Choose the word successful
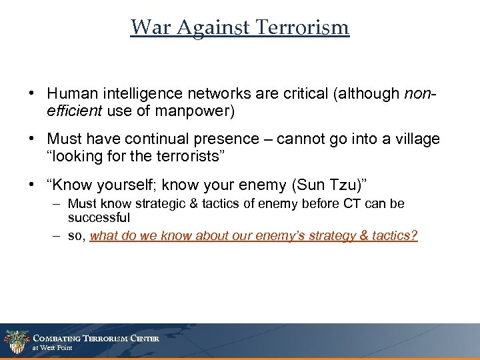pos(99,217)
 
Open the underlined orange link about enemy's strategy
pos(253,236)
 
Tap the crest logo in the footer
pos(16,342)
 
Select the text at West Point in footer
pos(53,348)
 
